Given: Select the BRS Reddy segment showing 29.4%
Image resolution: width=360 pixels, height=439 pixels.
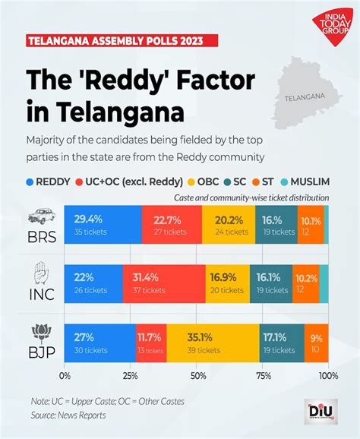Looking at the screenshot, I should point(103,224).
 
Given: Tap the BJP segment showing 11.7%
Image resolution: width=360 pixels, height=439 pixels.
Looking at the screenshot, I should point(150,343).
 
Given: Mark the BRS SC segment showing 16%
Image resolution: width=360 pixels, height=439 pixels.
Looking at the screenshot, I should point(276,224).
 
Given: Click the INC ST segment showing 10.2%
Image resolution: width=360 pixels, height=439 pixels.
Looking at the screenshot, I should point(305,283).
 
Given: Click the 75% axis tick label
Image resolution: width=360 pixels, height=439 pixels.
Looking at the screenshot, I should point(264,376).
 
